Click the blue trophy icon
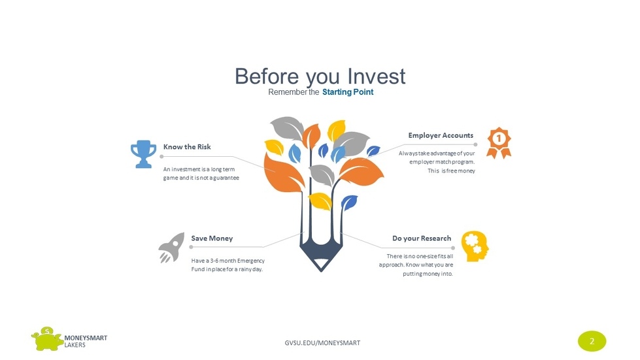click(x=143, y=154)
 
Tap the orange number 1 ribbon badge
click(x=499, y=142)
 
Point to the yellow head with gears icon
click(x=475, y=246)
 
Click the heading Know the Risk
click(x=187, y=147)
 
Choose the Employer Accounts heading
click(x=441, y=135)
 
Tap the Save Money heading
click(x=212, y=238)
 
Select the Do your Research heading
click(x=422, y=238)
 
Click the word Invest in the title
click(x=377, y=76)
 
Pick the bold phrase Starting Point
click(x=348, y=92)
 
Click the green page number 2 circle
click(x=592, y=341)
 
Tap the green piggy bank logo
click(x=47, y=339)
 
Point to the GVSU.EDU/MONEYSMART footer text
click(x=322, y=343)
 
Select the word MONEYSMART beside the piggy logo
click(x=86, y=338)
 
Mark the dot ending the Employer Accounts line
click(x=475, y=144)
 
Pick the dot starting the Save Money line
click(x=191, y=247)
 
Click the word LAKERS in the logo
click(x=75, y=345)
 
